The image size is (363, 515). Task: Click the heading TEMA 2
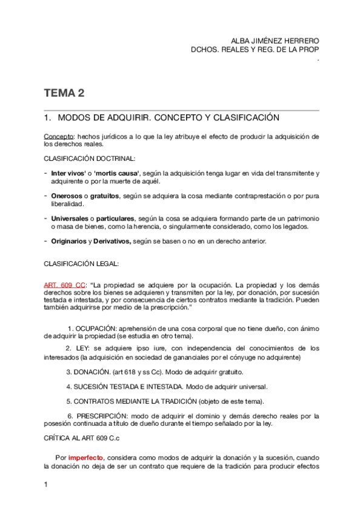click(x=64, y=94)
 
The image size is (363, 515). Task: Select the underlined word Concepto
click(x=58, y=137)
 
